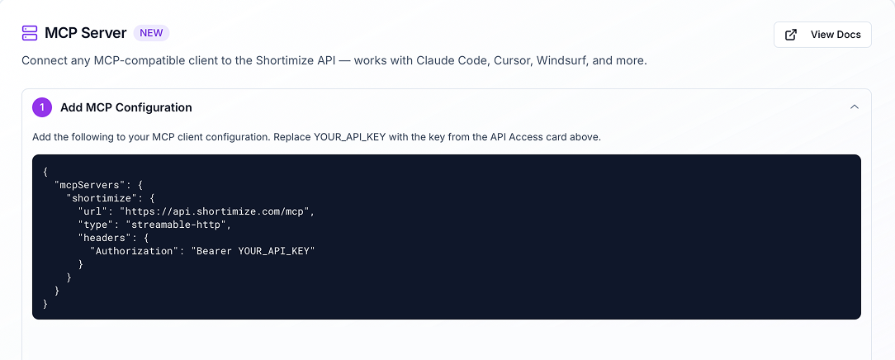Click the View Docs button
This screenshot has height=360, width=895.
point(822,35)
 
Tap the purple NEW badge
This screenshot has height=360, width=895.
point(151,33)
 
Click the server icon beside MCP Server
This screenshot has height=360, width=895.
point(30,33)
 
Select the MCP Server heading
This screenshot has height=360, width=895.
point(86,33)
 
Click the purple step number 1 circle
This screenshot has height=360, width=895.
point(42,107)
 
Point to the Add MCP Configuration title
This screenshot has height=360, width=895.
point(126,107)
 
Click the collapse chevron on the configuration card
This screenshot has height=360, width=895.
point(855,107)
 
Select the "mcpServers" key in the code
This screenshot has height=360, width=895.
point(86,185)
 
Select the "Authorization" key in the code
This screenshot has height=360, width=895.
point(134,251)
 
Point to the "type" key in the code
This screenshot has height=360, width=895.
point(95,225)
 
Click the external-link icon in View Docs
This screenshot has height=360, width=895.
point(791,35)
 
